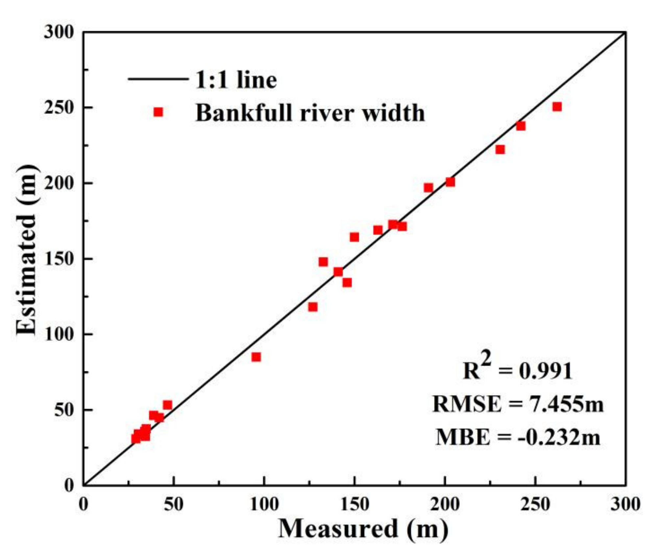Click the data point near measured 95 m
point(256,357)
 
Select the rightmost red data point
point(557,107)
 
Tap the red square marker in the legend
point(158,112)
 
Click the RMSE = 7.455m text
point(518,404)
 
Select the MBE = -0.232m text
point(518,437)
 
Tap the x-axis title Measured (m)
point(363,529)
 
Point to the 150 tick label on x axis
point(354,504)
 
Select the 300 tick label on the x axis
point(625,504)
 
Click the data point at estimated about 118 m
point(313,307)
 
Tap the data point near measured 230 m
point(500,149)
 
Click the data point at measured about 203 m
point(450,182)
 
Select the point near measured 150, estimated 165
point(354,237)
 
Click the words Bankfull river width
point(310,113)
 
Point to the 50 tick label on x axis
point(174,504)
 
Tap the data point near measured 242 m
point(521,126)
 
